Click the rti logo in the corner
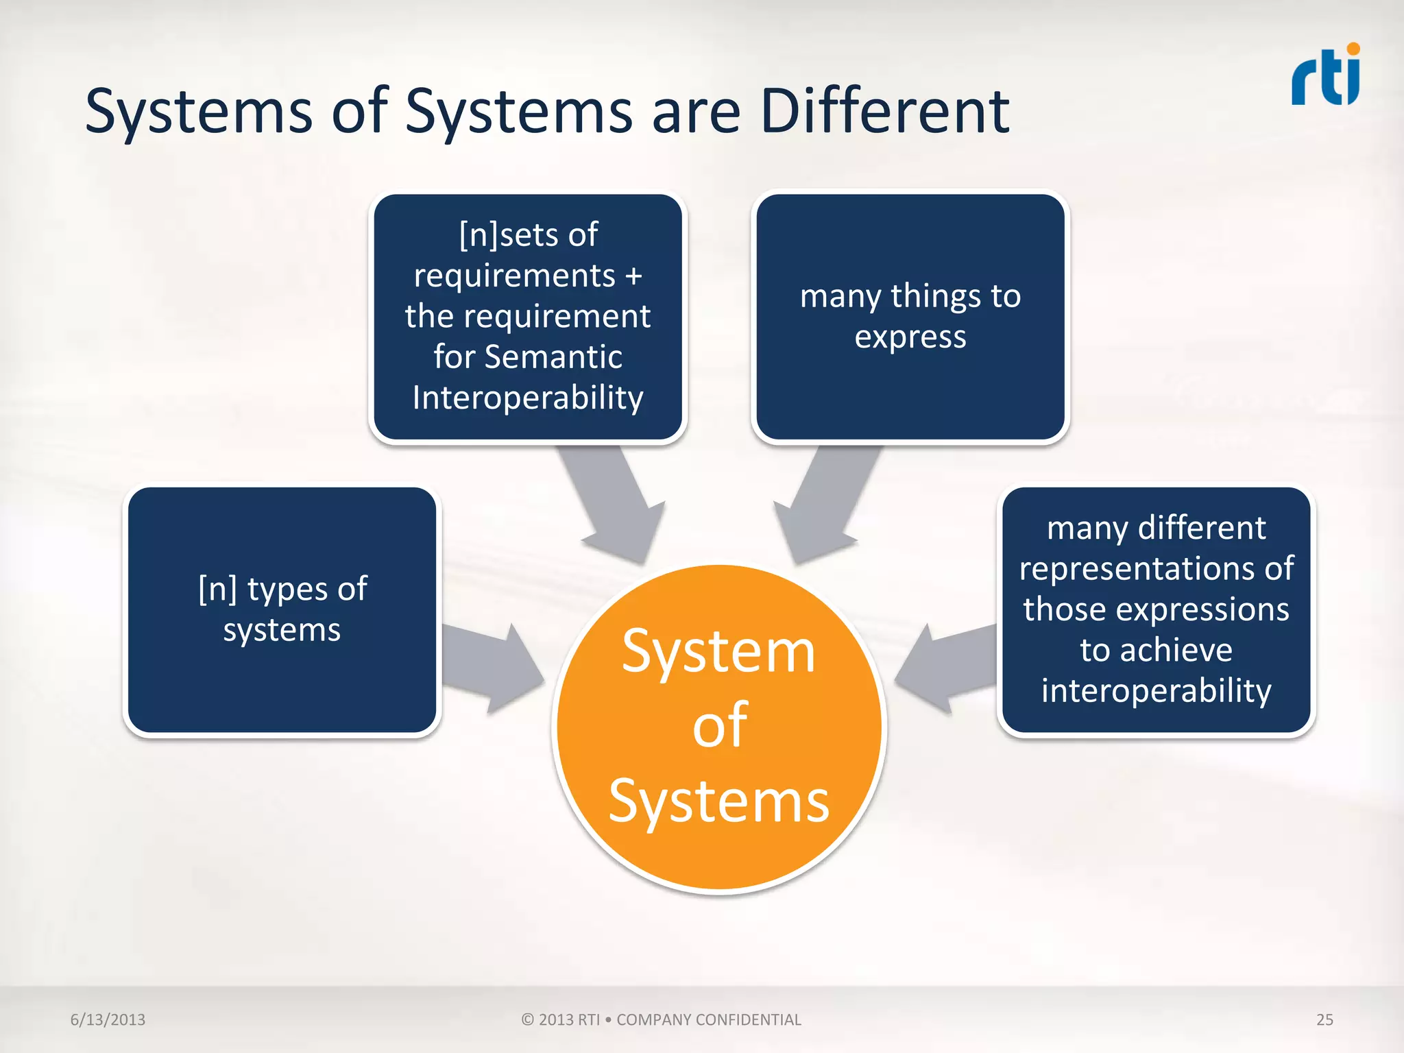[1325, 77]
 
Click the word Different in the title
[884, 112]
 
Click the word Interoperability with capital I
[528, 398]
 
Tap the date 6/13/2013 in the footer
[108, 1019]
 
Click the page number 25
[1324, 1019]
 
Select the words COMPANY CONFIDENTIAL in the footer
[708, 1019]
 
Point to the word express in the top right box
[910, 337]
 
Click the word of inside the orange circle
[719, 725]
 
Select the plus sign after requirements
[633, 276]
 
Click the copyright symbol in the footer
[527, 1019]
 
